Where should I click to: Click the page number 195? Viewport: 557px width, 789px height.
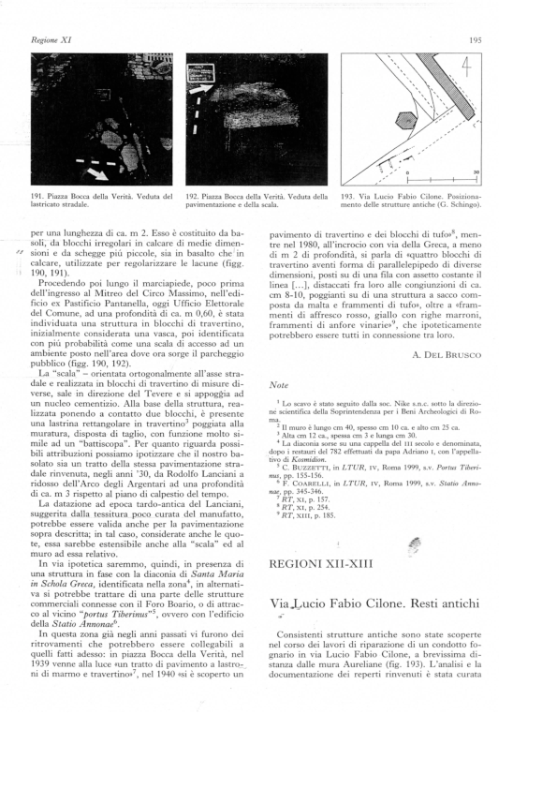(475, 40)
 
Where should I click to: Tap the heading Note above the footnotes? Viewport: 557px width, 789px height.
(279, 384)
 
